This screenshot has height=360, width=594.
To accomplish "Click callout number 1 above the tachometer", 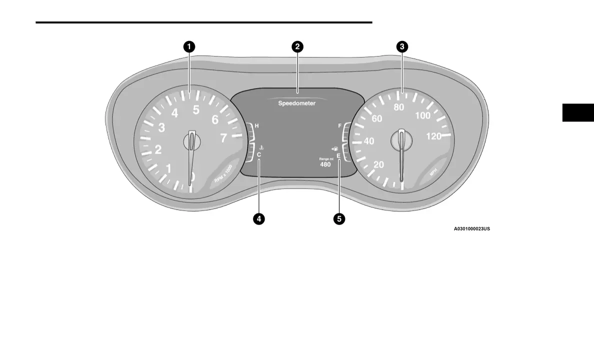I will coord(189,47).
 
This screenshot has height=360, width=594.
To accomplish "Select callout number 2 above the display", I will coord(297,47).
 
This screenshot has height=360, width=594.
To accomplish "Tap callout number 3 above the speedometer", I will coord(402,47).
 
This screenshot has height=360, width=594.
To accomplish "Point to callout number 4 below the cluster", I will coord(258,218).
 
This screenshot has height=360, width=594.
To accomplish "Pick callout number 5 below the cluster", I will coord(339,218).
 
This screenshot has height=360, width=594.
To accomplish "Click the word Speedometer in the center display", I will coord(297,103).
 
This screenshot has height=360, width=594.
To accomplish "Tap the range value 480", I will coord(325,164).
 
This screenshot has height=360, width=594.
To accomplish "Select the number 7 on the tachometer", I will coord(223,138).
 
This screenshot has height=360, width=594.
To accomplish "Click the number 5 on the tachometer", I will coord(196,109).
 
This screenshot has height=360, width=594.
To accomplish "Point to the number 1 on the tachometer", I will coord(168,169).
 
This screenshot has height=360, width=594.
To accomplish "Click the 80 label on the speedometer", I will coord(399,107).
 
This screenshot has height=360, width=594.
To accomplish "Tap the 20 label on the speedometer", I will coord(379,165).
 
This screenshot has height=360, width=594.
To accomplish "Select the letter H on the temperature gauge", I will coord(257,126).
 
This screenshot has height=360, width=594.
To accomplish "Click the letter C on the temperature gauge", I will coord(259,155).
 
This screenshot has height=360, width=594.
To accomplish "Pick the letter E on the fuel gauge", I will coord(338,156).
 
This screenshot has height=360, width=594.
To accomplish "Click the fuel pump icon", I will coord(334,148).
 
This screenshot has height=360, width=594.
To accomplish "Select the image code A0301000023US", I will coord(471,229).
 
